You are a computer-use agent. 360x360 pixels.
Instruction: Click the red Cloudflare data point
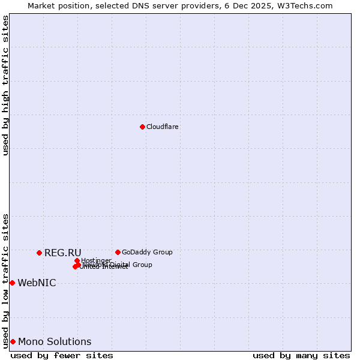click(142, 127)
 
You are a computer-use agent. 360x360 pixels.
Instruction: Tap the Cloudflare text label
click(163, 127)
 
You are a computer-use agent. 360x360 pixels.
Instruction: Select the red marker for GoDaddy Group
click(118, 252)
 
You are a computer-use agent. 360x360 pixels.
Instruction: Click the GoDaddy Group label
click(147, 253)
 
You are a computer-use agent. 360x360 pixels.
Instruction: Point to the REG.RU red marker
click(39, 253)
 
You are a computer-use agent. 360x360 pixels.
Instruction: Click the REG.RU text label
click(62, 253)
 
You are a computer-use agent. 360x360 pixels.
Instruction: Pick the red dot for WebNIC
click(12, 283)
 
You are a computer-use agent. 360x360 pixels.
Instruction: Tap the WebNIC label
click(37, 283)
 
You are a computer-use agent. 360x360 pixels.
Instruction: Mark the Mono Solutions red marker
click(13, 341)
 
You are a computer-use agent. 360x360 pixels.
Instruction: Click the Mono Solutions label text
click(55, 342)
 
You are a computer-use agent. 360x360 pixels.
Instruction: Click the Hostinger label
click(97, 260)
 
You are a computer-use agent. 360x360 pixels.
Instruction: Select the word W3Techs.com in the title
click(307, 6)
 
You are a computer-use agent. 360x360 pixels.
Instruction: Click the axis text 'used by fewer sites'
click(62, 355)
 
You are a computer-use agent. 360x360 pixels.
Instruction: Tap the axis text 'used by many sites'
click(301, 355)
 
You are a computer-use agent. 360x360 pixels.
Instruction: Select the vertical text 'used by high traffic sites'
click(6, 85)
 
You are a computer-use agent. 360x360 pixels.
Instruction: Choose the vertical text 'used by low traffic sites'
click(6, 280)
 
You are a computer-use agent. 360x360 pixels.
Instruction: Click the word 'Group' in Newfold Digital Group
click(142, 265)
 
